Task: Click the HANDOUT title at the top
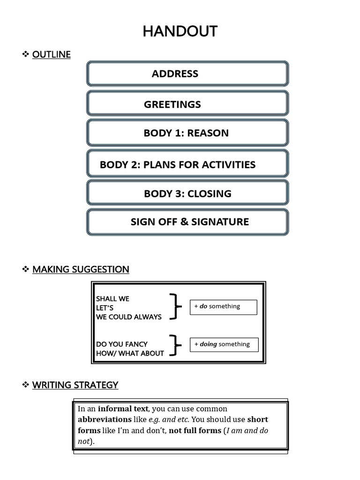(x=180, y=31)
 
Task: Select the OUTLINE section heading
(x=51, y=54)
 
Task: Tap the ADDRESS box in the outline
(x=187, y=74)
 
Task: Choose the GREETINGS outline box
(x=187, y=104)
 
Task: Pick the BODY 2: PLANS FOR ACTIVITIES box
(x=187, y=165)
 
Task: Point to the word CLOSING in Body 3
(x=209, y=194)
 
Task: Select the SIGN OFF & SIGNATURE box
(x=187, y=222)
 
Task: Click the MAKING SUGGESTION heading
(x=81, y=269)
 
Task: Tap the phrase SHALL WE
(x=112, y=299)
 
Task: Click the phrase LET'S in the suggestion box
(x=105, y=308)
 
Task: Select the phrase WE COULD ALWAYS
(x=128, y=317)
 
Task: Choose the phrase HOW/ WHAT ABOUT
(x=130, y=353)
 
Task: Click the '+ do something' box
(x=223, y=307)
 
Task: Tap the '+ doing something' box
(x=224, y=345)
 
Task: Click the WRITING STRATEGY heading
(x=75, y=385)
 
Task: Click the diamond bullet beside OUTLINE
(x=26, y=54)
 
